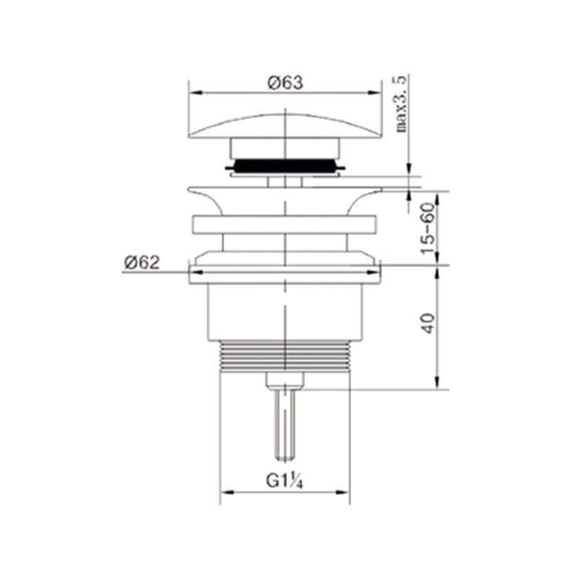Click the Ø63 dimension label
(x=285, y=82)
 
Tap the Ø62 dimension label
(x=142, y=263)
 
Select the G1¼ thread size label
(x=284, y=481)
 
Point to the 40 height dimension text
(x=428, y=323)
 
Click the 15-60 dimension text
(x=428, y=229)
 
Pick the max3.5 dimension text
(x=402, y=104)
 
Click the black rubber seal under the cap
(x=285, y=166)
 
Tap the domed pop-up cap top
(x=285, y=125)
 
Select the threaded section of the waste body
(x=285, y=356)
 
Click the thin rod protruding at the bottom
(x=285, y=424)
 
